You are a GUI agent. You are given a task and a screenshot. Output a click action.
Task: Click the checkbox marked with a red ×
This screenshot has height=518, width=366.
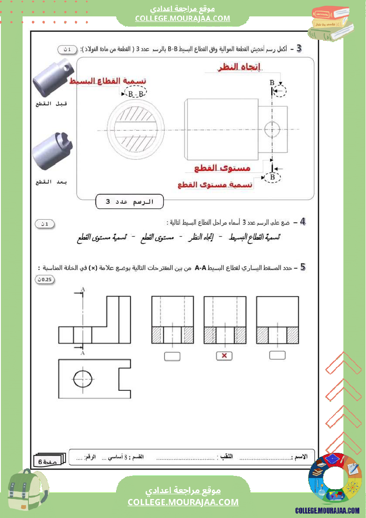(x=224, y=355)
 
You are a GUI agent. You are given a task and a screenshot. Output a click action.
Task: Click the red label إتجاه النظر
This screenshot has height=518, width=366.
(x=240, y=67)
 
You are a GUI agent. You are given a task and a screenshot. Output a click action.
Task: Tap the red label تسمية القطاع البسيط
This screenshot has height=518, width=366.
(x=108, y=82)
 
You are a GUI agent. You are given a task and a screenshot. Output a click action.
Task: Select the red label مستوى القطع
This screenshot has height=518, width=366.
(x=222, y=168)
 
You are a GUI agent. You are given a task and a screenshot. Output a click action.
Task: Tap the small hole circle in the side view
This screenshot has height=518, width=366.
(x=272, y=129)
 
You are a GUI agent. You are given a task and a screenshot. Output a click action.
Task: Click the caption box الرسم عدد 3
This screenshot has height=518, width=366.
(x=129, y=202)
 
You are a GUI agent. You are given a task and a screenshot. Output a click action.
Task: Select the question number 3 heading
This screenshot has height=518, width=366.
(x=299, y=48)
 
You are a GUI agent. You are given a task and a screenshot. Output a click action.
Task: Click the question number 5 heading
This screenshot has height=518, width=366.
(x=303, y=267)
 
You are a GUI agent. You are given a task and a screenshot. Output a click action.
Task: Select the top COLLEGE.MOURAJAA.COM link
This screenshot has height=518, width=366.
(x=183, y=18)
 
